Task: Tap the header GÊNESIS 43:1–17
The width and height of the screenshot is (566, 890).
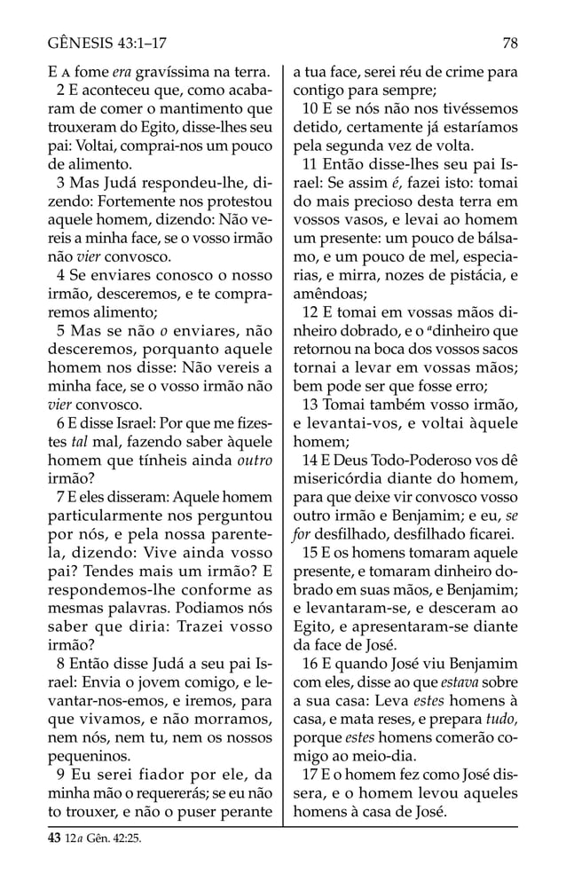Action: (x=111, y=41)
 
